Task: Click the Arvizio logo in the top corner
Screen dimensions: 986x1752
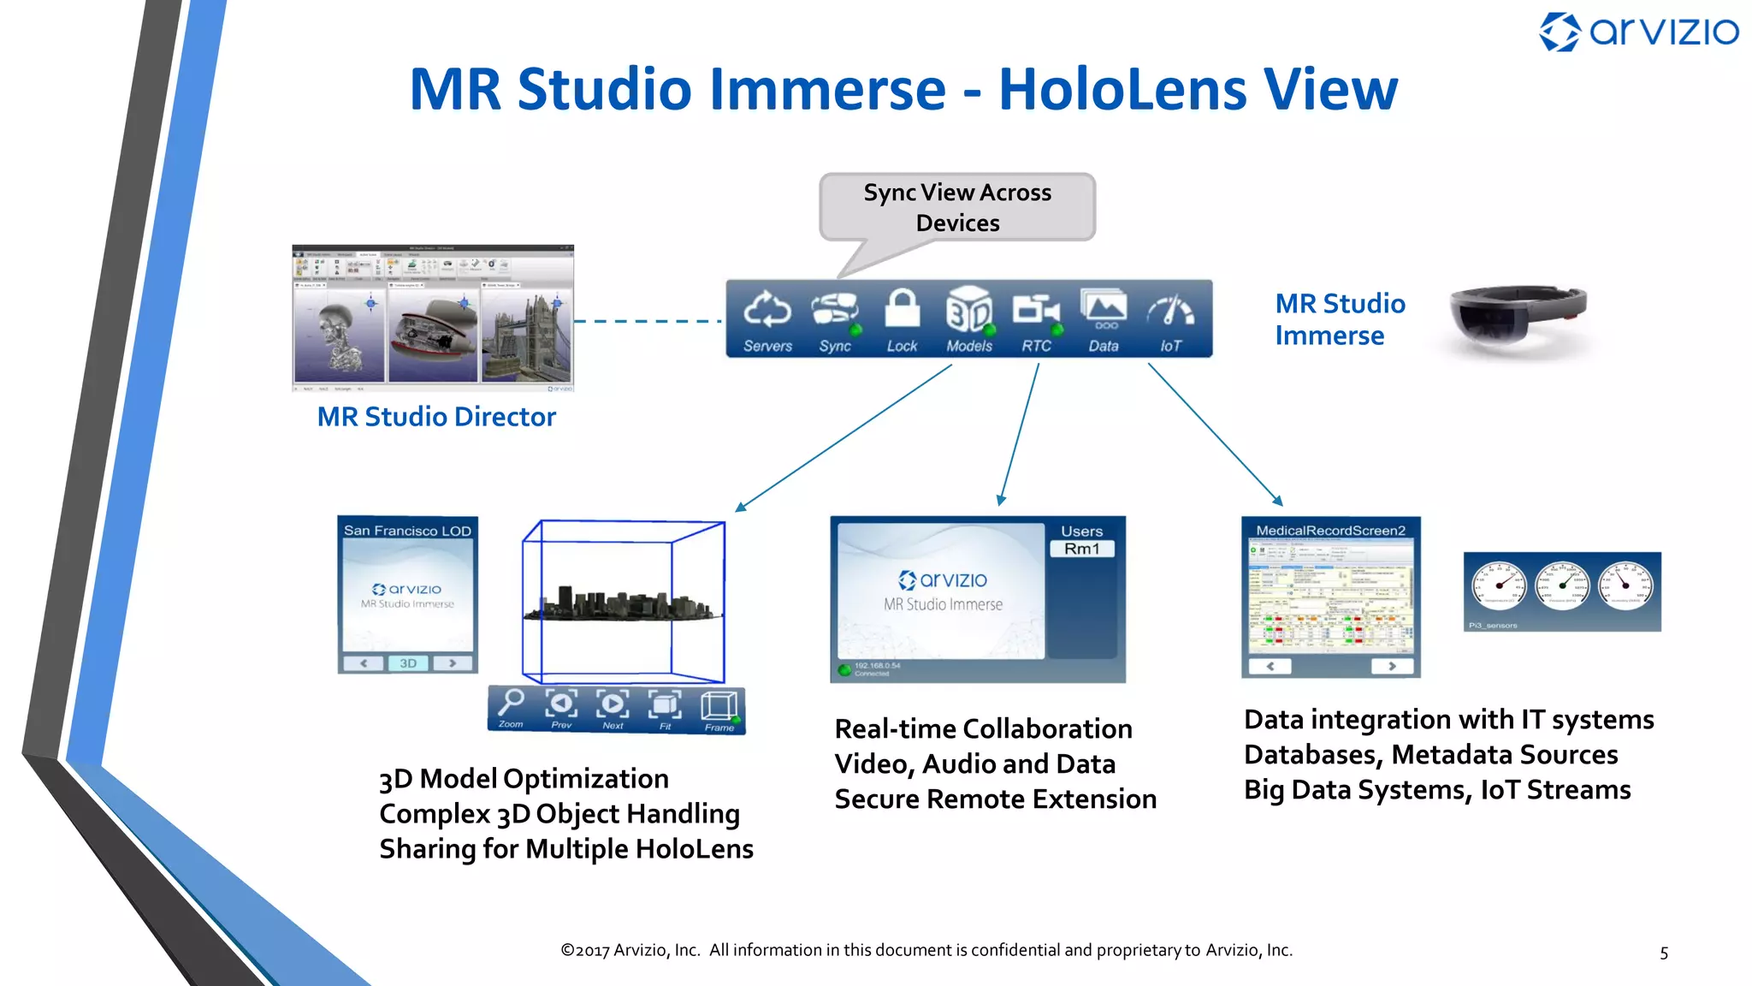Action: (1638, 33)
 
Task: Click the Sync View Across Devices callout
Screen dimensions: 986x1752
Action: (957, 207)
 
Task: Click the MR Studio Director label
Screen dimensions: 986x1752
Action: (436, 417)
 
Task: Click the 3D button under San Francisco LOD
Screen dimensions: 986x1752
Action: (408, 663)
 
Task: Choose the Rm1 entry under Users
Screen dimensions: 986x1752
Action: (1082, 549)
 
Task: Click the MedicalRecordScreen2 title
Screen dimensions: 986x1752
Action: (1330, 531)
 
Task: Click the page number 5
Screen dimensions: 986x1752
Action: (1664, 953)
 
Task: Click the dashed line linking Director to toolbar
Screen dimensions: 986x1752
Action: (648, 322)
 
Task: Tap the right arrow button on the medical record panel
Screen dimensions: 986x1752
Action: (1392, 666)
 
